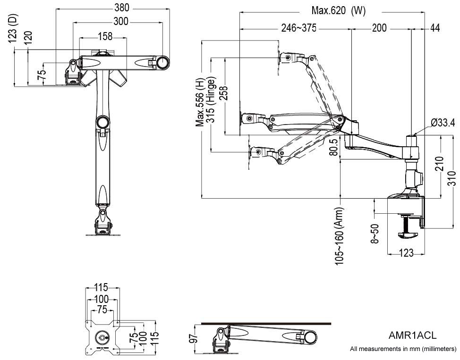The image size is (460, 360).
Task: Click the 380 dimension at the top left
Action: click(122, 8)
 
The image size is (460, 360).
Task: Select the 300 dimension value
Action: click(120, 21)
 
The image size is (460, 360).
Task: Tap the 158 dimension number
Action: click(105, 36)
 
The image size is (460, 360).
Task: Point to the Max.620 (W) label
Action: click(338, 11)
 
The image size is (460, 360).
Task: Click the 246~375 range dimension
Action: click(298, 28)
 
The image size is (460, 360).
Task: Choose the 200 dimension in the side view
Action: click(379, 28)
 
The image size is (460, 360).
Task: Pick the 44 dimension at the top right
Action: click(435, 28)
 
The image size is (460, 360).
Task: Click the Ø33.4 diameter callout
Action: click(443, 123)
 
